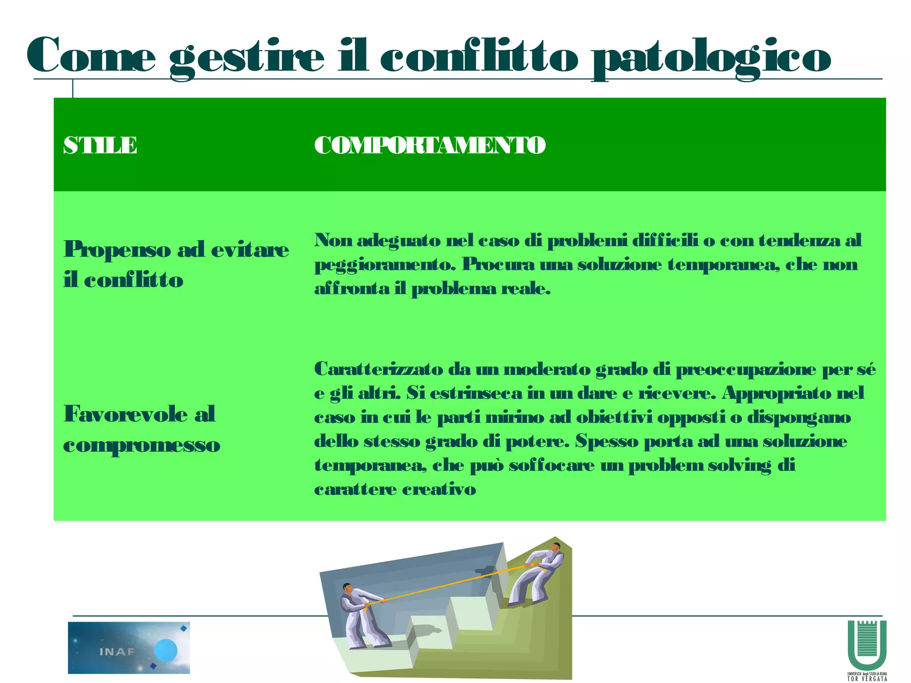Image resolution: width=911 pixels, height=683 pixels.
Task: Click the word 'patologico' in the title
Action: pyautogui.click(x=711, y=58)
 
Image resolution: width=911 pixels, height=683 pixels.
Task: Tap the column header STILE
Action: pyautogui.click(x=100, y=145)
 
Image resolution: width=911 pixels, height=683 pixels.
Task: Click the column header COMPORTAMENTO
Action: pyautogui.click(x=430, y=145)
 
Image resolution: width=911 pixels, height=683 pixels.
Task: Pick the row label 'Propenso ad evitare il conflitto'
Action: pyautogui.click(x=176, y=264)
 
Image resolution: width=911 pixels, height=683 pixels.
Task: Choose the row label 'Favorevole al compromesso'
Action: pyautogui.click(x=141, y=429)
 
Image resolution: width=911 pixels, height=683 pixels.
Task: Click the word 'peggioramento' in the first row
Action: pyautogui.click(x=385, y=265)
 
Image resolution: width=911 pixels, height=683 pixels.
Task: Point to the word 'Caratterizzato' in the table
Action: pyautogui.click(x=379, y=369)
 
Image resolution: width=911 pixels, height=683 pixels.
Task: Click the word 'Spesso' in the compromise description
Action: pyautogui.click(x=606, y=442)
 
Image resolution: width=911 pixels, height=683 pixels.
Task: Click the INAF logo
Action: pyautogui.click(x=129, y=647)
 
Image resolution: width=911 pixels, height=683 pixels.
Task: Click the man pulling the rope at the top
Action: pyautogui.click(x=538, y=574)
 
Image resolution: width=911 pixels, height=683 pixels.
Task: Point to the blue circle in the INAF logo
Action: pyautogui.click(x=165, y=651)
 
